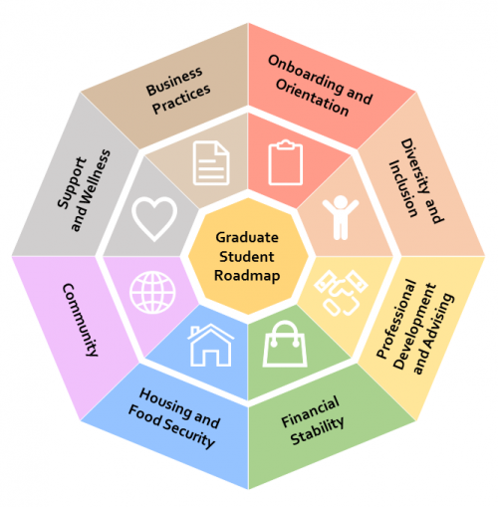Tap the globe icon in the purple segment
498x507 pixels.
point(152,293)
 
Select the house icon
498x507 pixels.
point(211,346)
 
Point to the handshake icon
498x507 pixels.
point(341,293)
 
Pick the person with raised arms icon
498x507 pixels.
point(341,217)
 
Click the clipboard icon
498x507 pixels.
point(286,162)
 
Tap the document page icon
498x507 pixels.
point(211,162)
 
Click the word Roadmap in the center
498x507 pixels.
point(247,276)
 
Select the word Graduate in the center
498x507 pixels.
point(247,237)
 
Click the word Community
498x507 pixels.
point(81,320)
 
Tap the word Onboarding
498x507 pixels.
point(306,74)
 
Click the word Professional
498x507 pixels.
point(396,319)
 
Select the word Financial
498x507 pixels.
point(310,411)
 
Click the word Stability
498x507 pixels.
point(317,431)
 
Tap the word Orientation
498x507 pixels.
point(312,98)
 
